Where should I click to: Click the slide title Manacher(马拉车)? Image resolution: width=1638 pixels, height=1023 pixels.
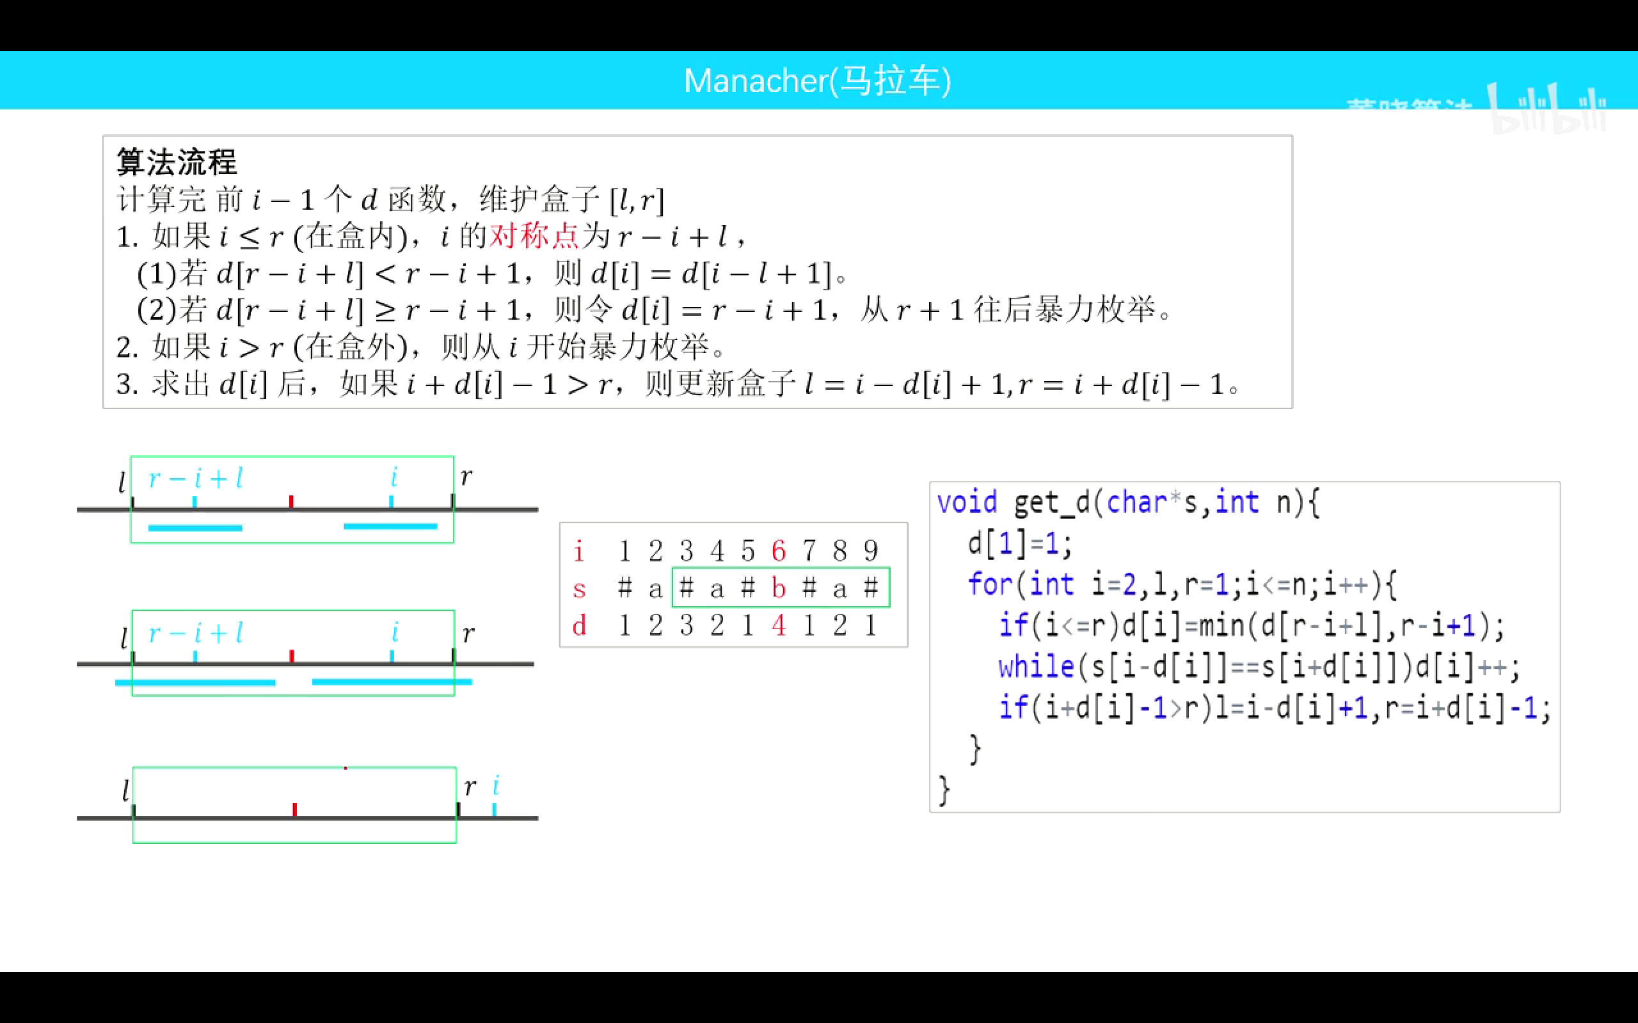tap(818, 81)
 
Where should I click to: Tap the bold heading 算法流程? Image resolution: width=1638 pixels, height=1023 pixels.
tap(177, 162)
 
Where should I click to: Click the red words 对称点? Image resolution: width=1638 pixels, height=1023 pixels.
tap(535, 236)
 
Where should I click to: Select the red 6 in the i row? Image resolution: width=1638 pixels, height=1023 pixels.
tap(779, 551)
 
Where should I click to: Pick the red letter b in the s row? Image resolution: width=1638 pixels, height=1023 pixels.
tap(779, 589)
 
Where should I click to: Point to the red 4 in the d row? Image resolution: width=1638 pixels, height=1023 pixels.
tap(779, 626)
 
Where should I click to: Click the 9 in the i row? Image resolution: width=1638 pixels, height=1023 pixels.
tap(871, 551)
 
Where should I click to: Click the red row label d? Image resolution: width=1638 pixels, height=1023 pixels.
tap(578, 626)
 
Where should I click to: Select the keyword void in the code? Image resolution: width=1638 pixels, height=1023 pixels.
tap(967, 503)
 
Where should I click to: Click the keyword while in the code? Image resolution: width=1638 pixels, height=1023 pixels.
tap(1037, 667)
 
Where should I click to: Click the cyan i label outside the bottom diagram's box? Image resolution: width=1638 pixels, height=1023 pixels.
tap(496, 786)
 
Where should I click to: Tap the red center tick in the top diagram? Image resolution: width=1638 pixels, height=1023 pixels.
tap(291, 501)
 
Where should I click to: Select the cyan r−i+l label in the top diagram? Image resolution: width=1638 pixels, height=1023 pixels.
tap(196, 479)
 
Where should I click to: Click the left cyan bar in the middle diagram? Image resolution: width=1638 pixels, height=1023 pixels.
tap(195, 683)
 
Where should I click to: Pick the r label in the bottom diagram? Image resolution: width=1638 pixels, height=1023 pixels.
tap(470, 787)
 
